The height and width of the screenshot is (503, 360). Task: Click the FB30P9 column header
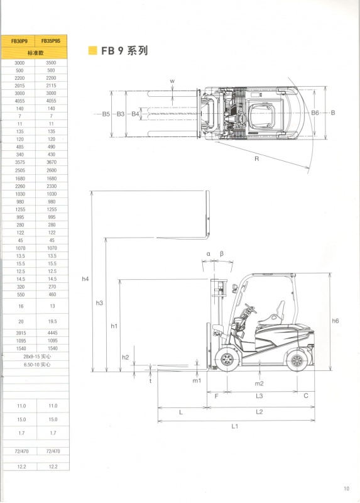tap(19, 41)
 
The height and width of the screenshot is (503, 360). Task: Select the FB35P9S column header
tap(51, 41)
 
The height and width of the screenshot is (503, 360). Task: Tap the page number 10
tap(346, 489)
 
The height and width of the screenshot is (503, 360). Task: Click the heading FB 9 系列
tap(124, 51)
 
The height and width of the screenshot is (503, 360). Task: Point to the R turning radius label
tap(256, 159)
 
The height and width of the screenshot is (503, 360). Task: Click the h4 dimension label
tap(85, 279)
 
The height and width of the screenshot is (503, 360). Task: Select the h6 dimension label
tap(335, 321)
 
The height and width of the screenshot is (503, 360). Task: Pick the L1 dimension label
tap(235, 426)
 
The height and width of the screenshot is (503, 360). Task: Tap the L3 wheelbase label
tap(259, 396)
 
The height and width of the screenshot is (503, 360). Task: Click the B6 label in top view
tap(315, 113)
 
